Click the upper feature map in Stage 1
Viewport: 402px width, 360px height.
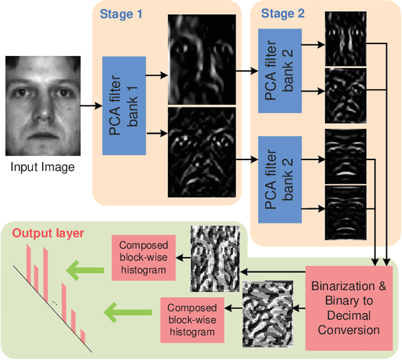(x=202, y=59)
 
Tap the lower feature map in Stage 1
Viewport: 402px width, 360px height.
(x=202, y=152)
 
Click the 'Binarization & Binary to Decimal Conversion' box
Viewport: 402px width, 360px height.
(x=349, y=307)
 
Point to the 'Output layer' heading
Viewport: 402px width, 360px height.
(x=48, y=234)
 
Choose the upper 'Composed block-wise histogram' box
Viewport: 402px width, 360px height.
(x=144, y=257)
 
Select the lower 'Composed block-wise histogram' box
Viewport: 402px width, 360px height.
(x=192, y=320)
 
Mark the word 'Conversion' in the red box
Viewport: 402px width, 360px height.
(x=349, y=330)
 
